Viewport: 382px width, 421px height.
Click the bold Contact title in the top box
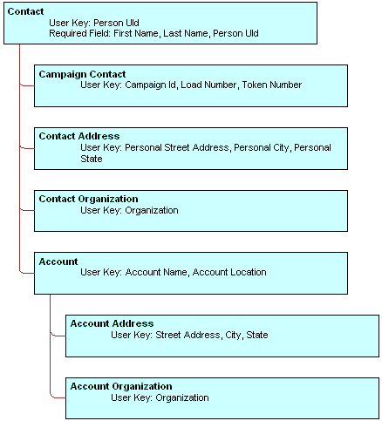[25, 11]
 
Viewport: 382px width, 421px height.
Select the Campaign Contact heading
[82, 74]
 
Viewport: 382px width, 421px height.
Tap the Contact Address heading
[79, 137]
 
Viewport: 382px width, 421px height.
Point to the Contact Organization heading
[88, 199]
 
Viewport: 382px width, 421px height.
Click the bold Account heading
[58, 261]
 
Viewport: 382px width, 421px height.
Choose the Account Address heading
[112, 323]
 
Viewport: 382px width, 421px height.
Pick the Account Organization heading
[120, 386]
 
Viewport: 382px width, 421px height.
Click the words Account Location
[229, 273]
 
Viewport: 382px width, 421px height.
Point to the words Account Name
[156, 273]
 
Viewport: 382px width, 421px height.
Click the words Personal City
[261, 148]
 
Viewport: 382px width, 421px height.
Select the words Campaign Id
[150, 85]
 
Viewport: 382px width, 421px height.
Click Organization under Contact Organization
[152, 210]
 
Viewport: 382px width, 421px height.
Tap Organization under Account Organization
[182, 397]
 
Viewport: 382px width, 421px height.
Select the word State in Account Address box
[256, 335]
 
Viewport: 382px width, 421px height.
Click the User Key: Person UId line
[93, 23]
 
